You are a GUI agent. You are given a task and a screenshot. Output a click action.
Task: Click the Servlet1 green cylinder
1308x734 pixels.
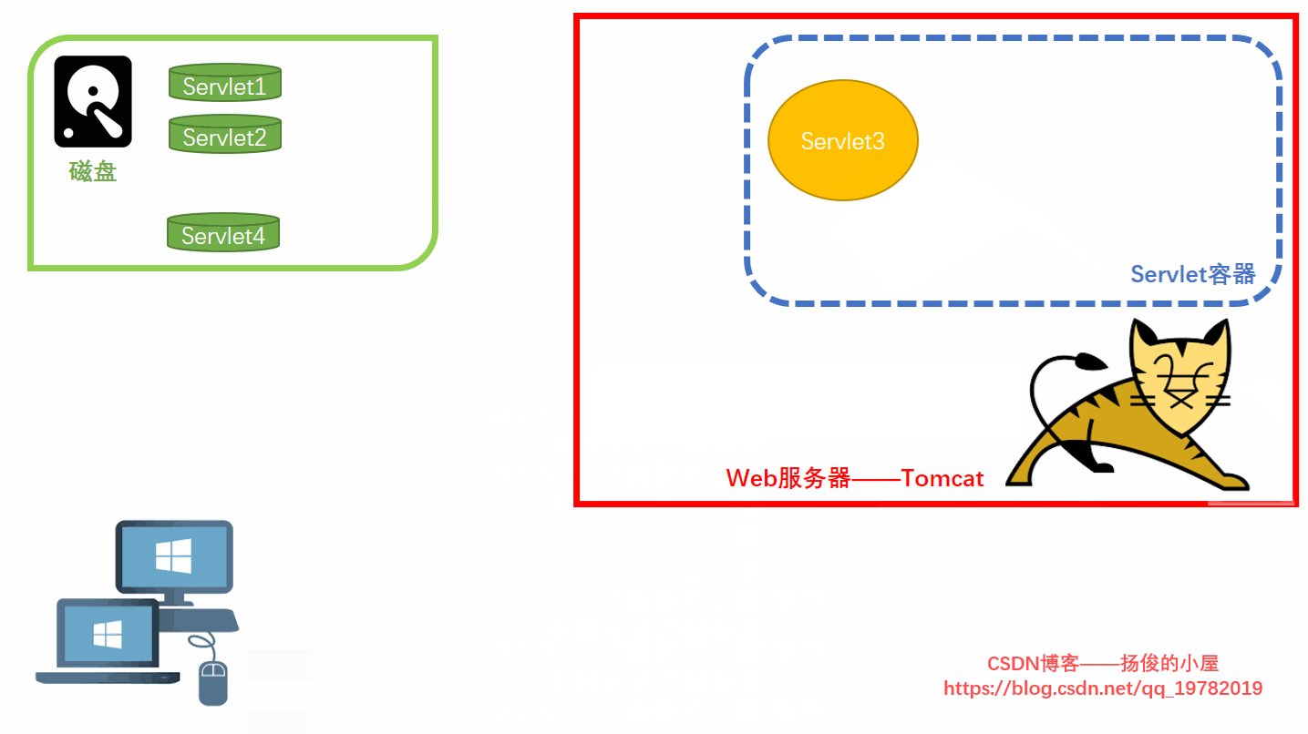(224, 83)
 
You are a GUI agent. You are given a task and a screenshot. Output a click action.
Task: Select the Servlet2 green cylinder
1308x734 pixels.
(224, 134)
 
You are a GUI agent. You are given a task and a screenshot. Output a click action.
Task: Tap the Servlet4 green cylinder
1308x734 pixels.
(223, 233)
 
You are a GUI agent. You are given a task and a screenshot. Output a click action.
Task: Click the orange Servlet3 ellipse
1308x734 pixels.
(843, 140)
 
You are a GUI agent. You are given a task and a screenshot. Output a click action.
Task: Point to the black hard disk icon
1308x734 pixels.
(93, 101)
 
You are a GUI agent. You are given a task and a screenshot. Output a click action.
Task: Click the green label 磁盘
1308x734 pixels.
(93, 171)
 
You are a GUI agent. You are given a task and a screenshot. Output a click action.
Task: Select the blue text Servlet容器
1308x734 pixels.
(1192, 274)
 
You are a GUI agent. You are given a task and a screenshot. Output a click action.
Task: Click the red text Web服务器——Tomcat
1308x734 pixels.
(855, 478)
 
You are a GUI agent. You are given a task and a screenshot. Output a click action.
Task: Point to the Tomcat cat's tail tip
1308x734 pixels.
(1087, 362)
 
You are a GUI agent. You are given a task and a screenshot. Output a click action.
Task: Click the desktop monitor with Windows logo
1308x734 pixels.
(174, 556)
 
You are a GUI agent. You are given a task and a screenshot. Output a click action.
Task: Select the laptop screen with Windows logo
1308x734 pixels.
(108, 634)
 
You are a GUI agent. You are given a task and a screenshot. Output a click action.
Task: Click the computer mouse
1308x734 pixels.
(212, 683)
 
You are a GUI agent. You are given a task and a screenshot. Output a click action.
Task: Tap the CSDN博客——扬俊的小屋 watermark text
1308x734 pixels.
(1103, 664)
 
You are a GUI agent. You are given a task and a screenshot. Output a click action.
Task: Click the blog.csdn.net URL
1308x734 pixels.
(1103, 688)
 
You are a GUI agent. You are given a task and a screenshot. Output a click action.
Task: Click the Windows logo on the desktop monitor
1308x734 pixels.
(173, 556)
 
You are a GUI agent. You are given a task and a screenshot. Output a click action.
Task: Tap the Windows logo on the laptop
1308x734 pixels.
(108, 634)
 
